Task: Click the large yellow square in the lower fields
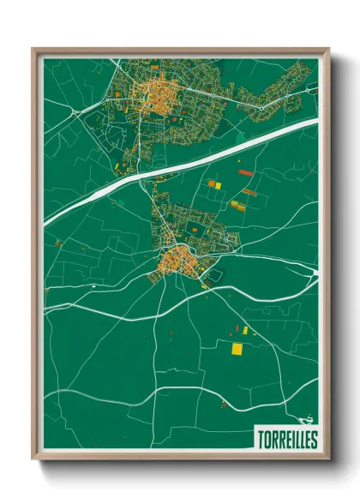pos(237,349)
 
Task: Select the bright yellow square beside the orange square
pos(217,184)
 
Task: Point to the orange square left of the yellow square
pos(209,184)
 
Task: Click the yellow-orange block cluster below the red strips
pos(237,206)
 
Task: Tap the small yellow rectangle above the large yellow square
pos(245,330)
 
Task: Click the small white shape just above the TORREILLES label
pos(302,421)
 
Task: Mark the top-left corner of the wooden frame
pos(33,49)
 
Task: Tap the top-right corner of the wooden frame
pos(328,49)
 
